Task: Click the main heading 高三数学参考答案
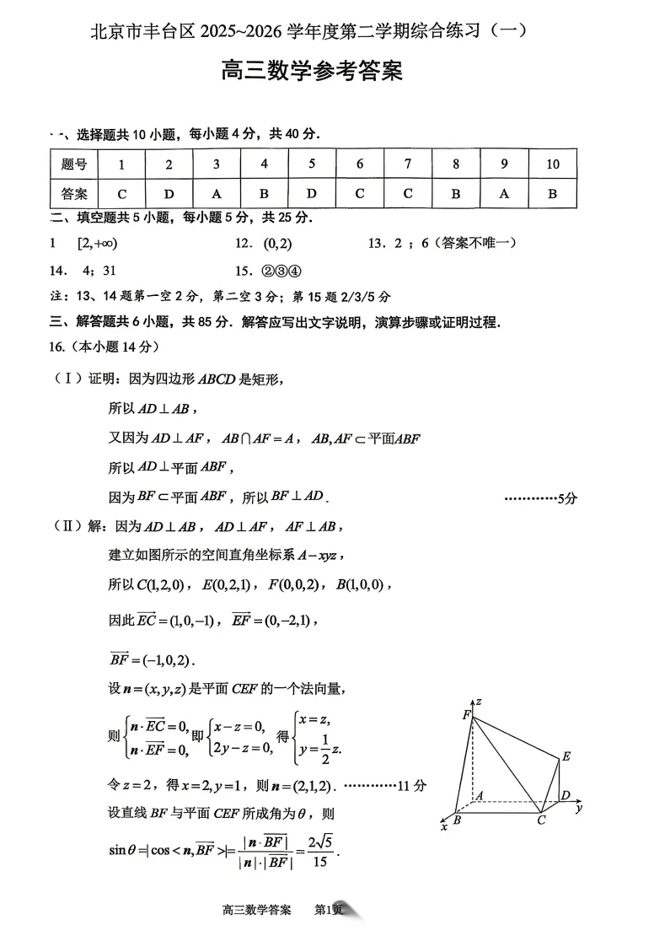pyautogui.click(x=311, y=71)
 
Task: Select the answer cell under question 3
pyautogui.click(x=217, y=194)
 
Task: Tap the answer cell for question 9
pyautogui.click(x=504, y=194)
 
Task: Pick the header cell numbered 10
pyautogui.click(x=552, y=164)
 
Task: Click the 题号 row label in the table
pyautogui.click(x=74, y=164)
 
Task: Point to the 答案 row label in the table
pyautogui.click(x=74, y=194)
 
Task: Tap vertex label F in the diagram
pyautogui.click(x=465, y=714)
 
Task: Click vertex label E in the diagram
pyautogui.click(x=566, y=757)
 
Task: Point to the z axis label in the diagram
pyautogui.click(x=478, y=701)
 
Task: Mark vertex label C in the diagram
pyautogui.click(x=541, y=821)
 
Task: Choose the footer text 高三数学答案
pyautogui.click(x=256, y=910)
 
